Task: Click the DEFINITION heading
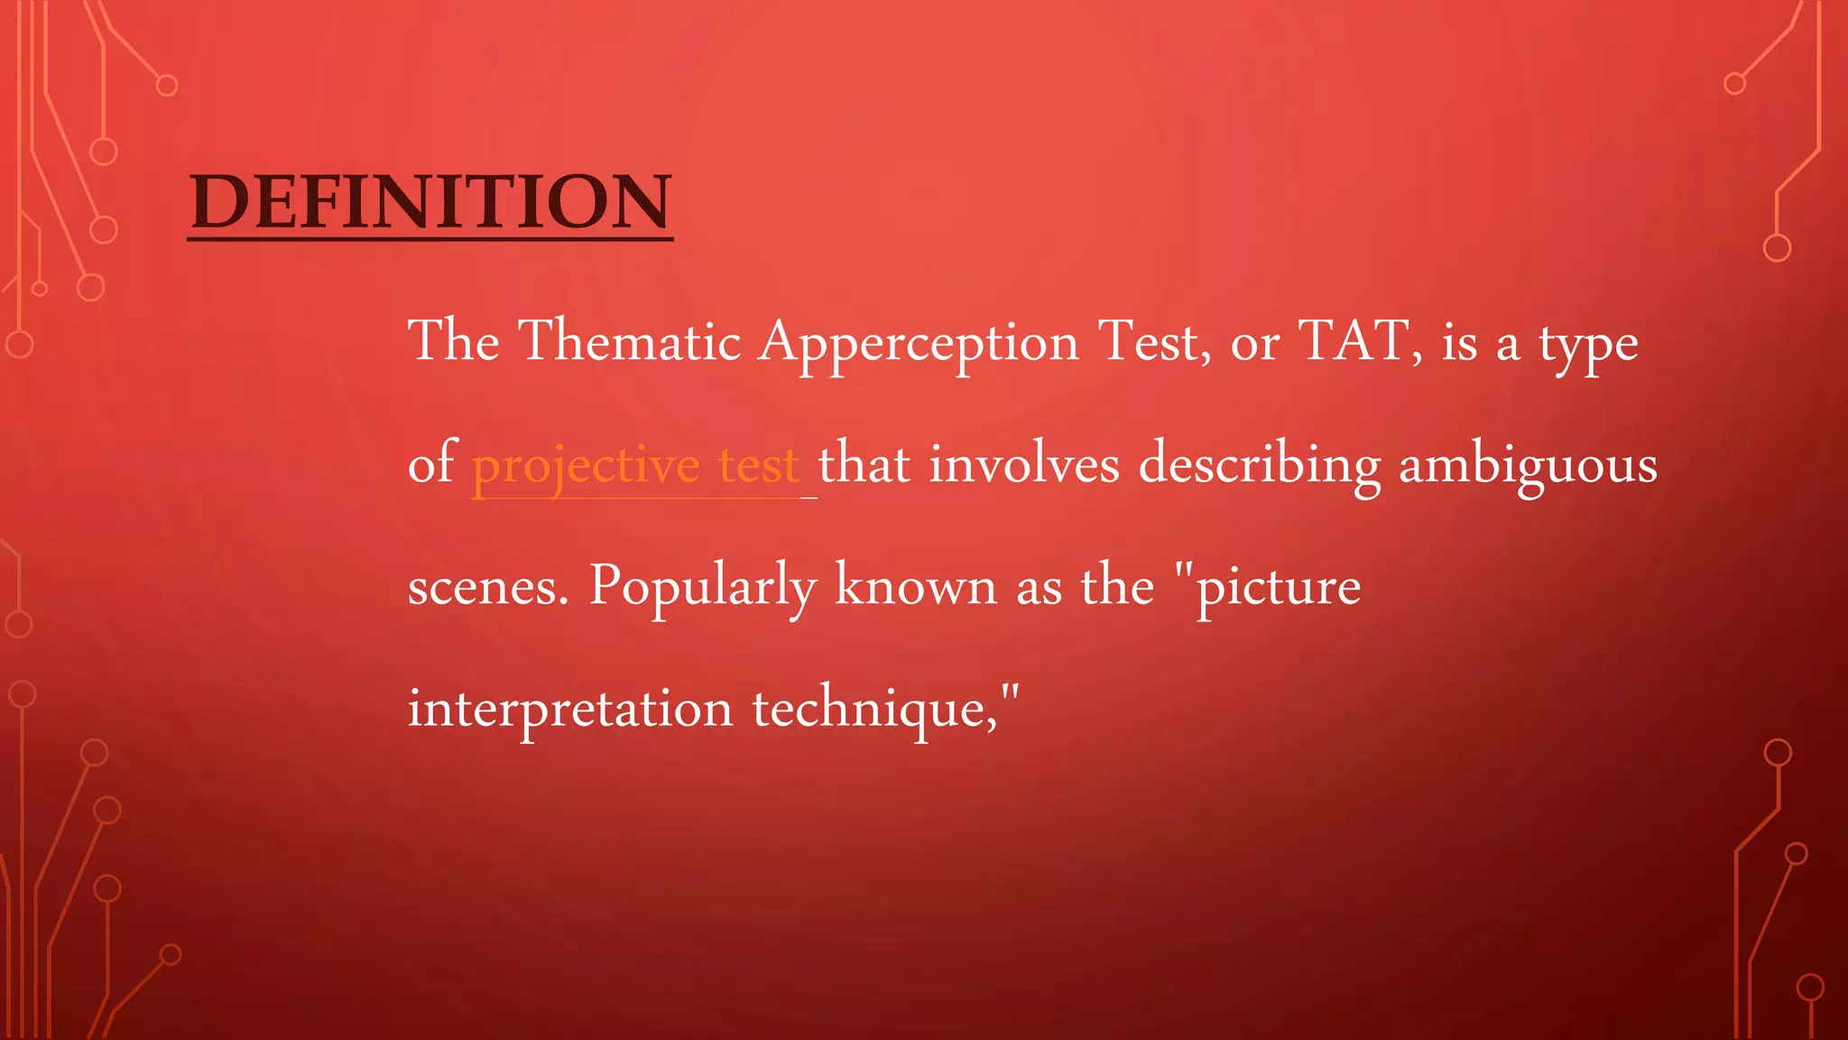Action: (x=430, y=201)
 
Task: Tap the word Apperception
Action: (x=919, y=343)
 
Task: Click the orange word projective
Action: (x=586, y=466)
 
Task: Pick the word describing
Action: (x=1260, y=466)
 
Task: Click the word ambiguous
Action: (x=1528, y=466)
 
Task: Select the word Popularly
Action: (x=702, y=587)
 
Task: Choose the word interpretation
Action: (x=570, y=709)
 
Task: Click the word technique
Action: (x=874, y=709)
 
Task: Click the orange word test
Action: (x=759, y=466)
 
